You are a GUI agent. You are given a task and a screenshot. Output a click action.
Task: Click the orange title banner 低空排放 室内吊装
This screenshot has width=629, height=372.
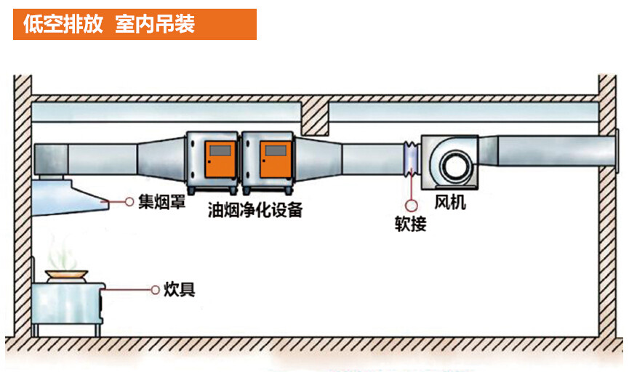point(135,24)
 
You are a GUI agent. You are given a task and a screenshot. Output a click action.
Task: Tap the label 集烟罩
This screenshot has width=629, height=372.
point(161,201)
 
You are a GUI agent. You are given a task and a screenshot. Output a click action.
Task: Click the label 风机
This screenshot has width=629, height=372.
point(450,201)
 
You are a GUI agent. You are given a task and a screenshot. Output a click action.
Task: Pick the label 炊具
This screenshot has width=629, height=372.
point(177,290)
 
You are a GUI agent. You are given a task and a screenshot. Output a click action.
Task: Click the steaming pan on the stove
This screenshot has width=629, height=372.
point(67,275)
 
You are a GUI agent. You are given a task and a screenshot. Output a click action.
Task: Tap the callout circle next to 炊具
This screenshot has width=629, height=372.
point(154,290)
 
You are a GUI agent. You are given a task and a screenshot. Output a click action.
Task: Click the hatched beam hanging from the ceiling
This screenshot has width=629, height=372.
point(315,116)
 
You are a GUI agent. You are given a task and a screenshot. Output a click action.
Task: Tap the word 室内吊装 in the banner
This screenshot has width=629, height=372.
point(155,24)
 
